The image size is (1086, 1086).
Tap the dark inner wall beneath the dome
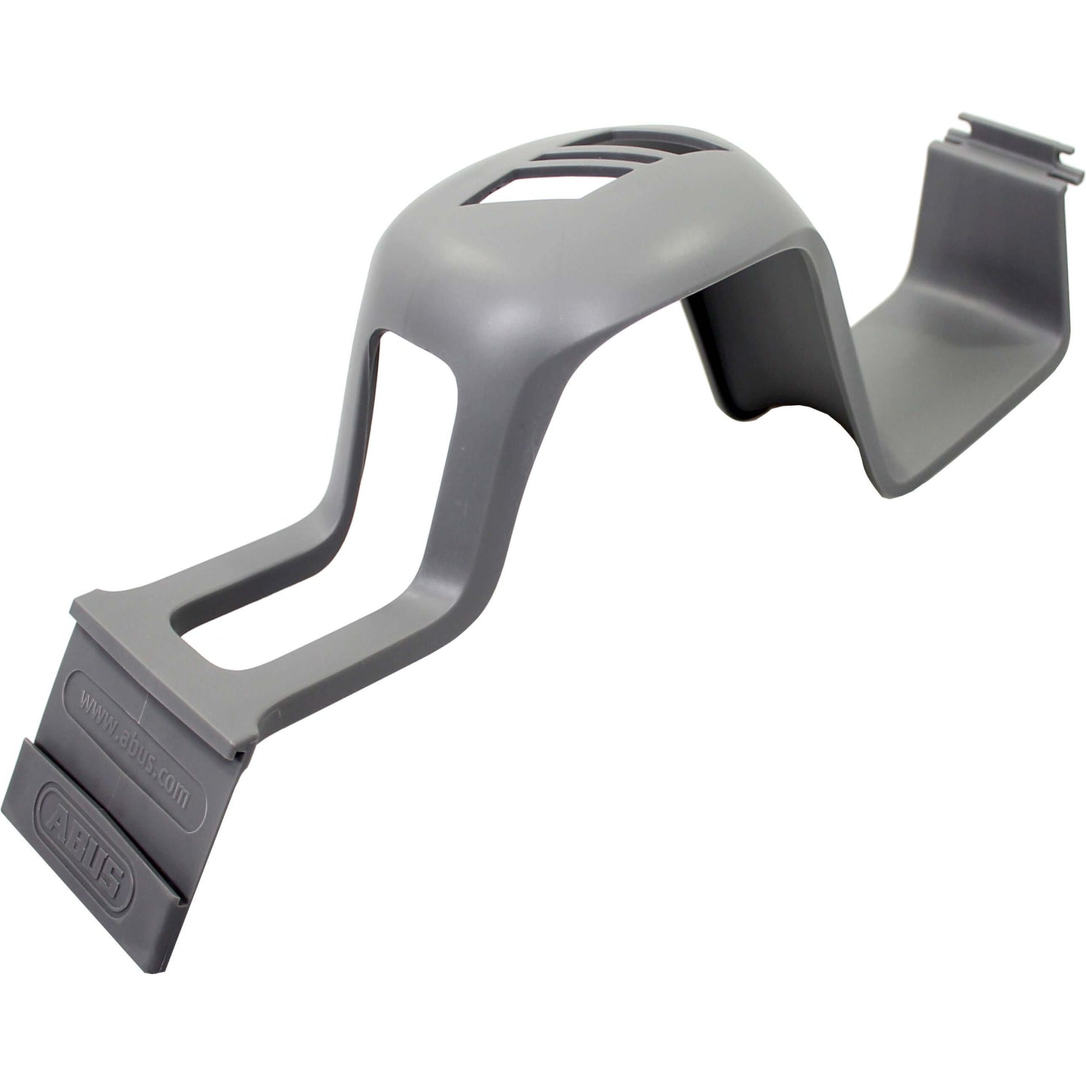coord(744,338)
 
